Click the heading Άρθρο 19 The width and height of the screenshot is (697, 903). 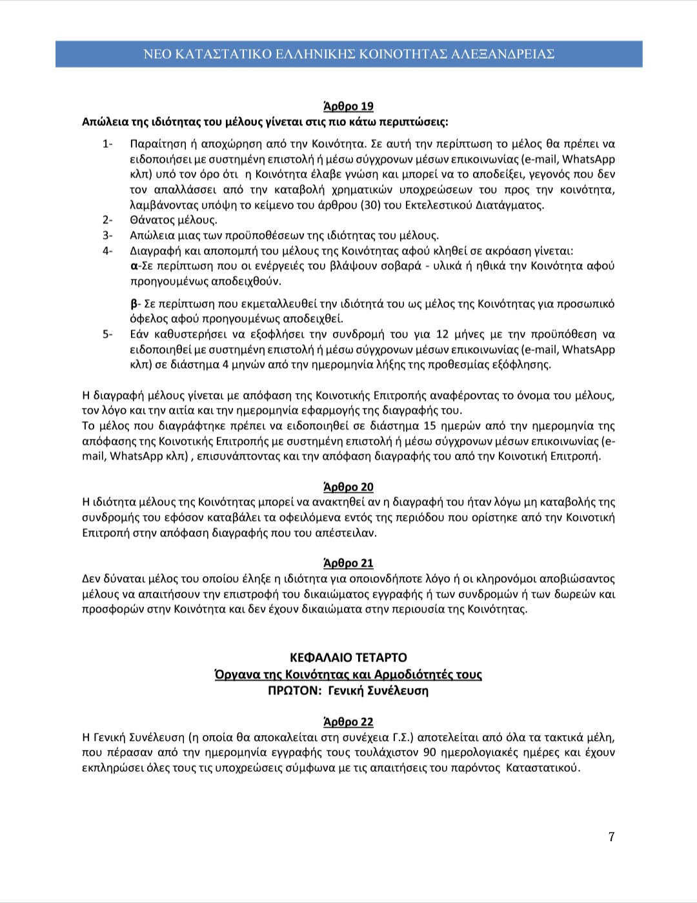(x=348, y=107)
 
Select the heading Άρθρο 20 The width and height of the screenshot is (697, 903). (x=348, y=487)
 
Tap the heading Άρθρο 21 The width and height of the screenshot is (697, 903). (x=348, y=563)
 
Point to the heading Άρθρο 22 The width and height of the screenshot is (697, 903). (x=348, y=722)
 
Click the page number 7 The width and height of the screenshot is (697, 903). (x=611, y=837)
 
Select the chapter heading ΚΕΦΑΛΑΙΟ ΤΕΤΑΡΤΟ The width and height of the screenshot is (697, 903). (x=348, y=658)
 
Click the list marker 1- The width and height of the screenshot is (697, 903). (x=108, y=144)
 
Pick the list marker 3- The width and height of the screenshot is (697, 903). (x=108, y=236)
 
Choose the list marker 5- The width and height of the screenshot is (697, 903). (x=108, y=334)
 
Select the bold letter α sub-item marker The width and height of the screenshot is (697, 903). (x=134, y=266)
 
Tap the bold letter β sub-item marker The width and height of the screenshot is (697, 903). (x=134, y=304)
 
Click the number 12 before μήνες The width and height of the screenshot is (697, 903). (x=442, y=334)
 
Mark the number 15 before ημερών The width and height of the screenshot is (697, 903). (x=431, y=426)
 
